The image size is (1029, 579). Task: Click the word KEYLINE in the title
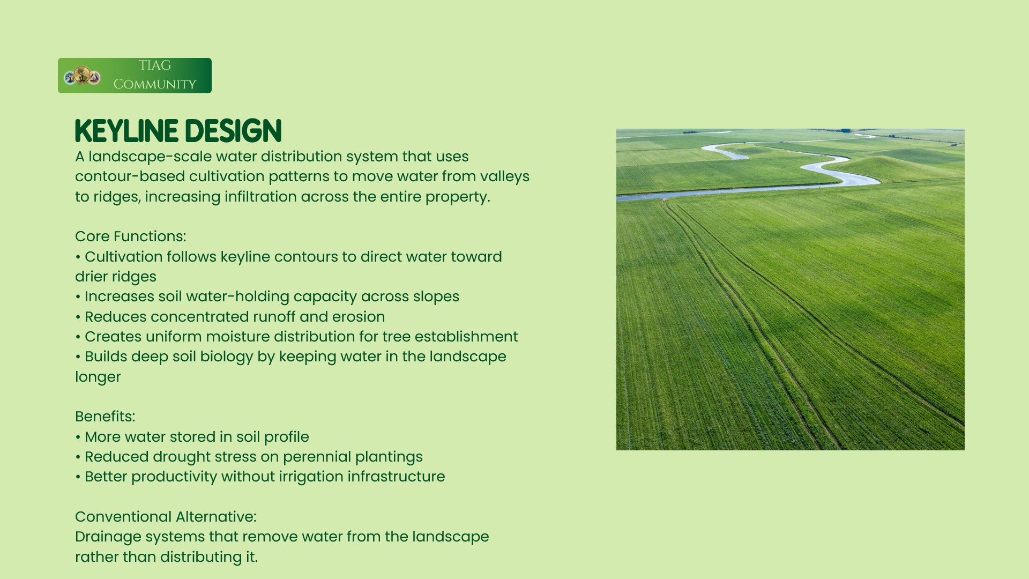coord(126,131)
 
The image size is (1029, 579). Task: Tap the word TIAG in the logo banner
coord(155,65)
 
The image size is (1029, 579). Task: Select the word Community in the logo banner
coord(155,84)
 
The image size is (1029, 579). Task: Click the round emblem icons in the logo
coord(82,76)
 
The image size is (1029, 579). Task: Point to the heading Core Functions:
coord(131,236)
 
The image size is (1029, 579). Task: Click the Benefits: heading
coord(105,417)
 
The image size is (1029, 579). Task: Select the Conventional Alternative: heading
coord(166,517)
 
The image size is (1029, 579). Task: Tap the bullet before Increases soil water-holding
coord(78,297)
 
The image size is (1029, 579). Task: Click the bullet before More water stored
coord(78,437)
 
